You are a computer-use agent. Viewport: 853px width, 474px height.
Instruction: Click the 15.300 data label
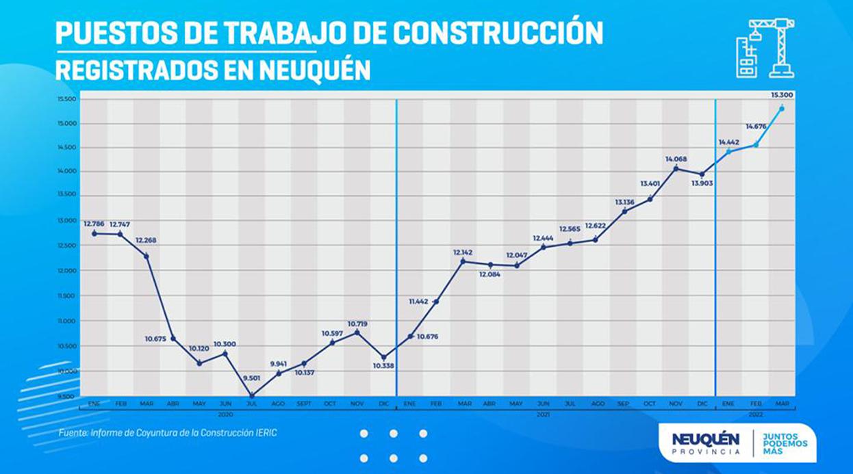tap(781, 94)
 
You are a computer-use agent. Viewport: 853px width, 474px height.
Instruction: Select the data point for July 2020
tap(252, 395)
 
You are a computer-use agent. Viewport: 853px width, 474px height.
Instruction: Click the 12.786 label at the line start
tap(94, 223)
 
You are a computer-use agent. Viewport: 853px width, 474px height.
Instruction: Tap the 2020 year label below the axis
tap(225, 414)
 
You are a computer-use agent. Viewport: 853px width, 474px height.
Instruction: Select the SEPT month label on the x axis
tap(305, 404)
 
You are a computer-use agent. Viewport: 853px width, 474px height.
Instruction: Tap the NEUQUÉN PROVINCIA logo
tap(705, 443)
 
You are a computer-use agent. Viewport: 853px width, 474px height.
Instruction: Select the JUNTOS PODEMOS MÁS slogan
tap(785, 443)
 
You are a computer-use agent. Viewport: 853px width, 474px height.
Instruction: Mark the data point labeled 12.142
tap(463, 261)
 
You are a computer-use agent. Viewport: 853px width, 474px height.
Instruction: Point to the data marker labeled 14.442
tap(728, 150)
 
